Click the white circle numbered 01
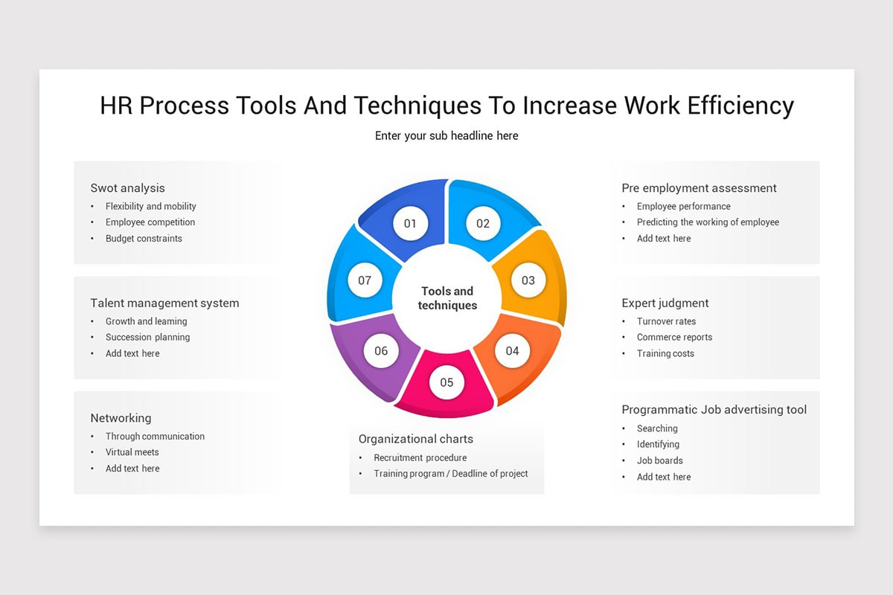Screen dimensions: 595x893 [x=410, y=223]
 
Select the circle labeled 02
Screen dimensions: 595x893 [x=483, y=223]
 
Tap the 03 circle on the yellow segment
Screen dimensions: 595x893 [x=528, y=280]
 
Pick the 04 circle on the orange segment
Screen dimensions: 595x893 [x=512, y=350]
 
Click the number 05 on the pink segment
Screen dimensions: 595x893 [x=446, y=382]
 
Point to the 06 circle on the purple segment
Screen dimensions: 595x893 [x=381, y=350]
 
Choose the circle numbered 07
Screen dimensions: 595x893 [x=365, y=280]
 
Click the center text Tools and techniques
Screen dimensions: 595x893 [x=447, y=298]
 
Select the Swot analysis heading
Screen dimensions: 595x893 [x=127, y=188]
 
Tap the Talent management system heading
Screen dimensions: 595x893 [x=164, y=303]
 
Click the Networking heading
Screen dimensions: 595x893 [x=121, y=418]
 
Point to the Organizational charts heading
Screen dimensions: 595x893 [x=415, y=439]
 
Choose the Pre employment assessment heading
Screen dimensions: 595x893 [x=699, y=188]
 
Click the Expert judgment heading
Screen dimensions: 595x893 [x=665, y=303]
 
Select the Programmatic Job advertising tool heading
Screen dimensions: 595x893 [x=714, y=410]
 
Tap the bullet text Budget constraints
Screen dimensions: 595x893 [x=144, y=239]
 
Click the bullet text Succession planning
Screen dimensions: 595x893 [x=147, y=338]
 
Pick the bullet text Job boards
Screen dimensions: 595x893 [x=659, y=460]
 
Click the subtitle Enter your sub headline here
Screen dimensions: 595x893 [x=446, y=136]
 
